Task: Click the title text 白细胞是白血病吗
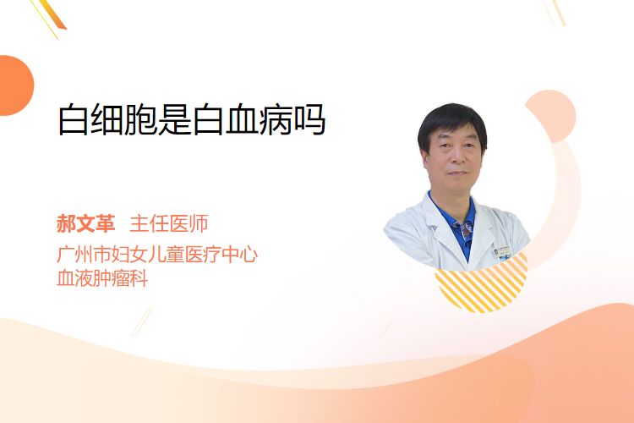(192, 120)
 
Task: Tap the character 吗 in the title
(310, 120)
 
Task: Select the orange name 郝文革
(85, 224)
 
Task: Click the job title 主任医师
(169, 224)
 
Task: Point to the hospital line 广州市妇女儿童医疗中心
(157, 255)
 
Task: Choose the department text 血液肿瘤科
(102, 278)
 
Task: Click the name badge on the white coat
(503, 252)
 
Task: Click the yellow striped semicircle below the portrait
(482, 285)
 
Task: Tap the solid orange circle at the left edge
(14, 85)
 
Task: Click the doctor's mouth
(457, 173)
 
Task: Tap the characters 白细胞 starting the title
(108, 120)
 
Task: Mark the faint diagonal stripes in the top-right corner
(554, 11)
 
